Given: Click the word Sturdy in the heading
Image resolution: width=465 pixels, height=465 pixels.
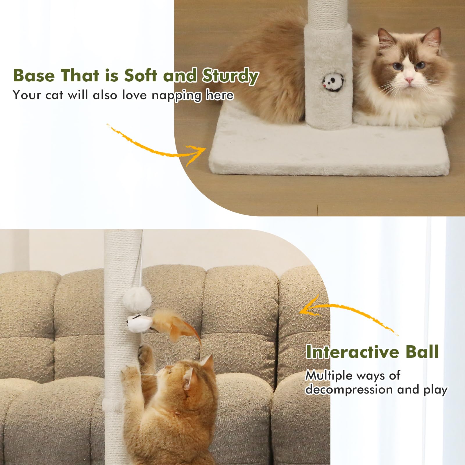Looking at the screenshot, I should (x=230, y=76).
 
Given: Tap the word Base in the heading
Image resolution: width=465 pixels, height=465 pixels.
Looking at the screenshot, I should (x=34, y=76).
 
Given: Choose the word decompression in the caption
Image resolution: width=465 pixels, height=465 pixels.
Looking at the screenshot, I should (x=349, y=389).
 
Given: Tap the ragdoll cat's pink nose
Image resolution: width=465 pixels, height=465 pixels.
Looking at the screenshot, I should (x=409, y=79).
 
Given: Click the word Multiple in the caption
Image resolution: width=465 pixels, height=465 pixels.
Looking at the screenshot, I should (x=325, y=375).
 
